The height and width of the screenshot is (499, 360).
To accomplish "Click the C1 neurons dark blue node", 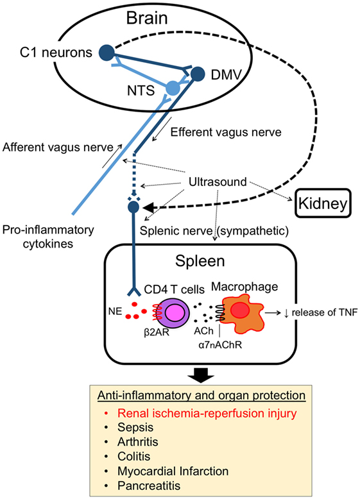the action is coord(107,53).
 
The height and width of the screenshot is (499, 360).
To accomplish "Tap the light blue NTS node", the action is coord(173,88).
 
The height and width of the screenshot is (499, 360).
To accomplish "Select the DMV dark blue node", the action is coord(198,74).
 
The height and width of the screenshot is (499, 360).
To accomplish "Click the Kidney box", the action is coord(323,203).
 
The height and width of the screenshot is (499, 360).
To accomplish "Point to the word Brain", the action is coord(147,18).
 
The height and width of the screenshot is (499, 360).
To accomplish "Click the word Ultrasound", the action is coord(218,182).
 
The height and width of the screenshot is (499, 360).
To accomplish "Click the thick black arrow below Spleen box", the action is coord(200,375).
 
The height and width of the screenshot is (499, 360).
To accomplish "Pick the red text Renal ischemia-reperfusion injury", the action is coord(207,413).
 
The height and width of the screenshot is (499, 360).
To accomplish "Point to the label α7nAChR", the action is coord(220,344).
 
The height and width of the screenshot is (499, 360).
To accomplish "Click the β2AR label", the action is coord(157,333).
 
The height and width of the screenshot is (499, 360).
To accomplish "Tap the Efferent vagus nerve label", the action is coord(226,132).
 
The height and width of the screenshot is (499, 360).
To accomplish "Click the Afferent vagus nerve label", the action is coord(58,147).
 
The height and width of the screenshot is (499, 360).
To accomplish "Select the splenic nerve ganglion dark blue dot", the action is coord(133,207).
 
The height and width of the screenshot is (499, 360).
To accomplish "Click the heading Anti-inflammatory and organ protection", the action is coord(201,395).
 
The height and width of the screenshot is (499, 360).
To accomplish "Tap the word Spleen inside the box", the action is coord(200,261).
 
